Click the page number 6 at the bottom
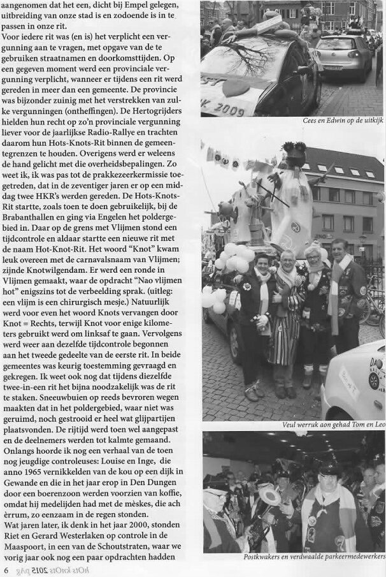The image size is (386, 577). [6, 569]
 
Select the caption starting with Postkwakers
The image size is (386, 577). [313, 557]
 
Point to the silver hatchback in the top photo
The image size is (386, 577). [342, 56]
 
